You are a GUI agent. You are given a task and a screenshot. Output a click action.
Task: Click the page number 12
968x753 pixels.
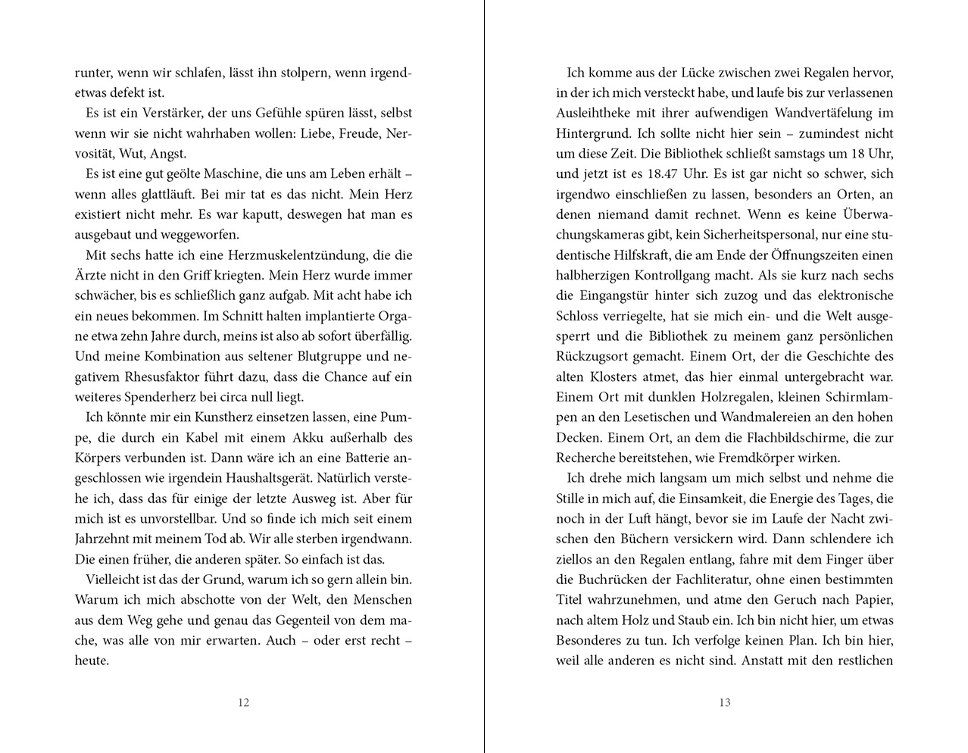pyautogui.click(x=243, y=702)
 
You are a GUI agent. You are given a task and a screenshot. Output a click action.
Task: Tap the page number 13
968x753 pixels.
pyautogui.click(x=725, y=702)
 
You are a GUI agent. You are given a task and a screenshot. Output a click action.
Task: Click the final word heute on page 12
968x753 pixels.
pyautogui.click(x=92, y=661)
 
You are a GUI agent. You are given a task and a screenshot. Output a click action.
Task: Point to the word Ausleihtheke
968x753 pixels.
pyautogui.click(x=598, y=114)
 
